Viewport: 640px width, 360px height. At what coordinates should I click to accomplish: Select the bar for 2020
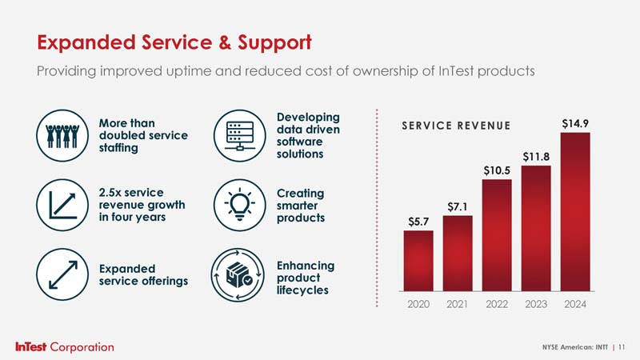(x=418, y=261)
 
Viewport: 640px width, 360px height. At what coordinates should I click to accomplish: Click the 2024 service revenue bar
(x=575, y=212)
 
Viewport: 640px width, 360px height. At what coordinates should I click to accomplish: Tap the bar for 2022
(x=497, y=235)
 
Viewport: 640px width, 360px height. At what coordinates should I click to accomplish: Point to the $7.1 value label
(x=458, y=207)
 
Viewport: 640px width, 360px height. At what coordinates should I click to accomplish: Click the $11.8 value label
(x=536, y=157)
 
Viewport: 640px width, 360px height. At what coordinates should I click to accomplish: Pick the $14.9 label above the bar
(x=575, y=123)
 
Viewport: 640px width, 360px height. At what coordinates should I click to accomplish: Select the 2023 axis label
(x=536, y=304)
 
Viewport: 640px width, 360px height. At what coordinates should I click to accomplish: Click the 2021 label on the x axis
(x=457, y=304)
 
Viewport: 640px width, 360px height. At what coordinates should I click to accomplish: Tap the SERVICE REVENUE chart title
(x=456, y=126)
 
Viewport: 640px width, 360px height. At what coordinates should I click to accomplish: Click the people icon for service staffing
(x=62, y=135)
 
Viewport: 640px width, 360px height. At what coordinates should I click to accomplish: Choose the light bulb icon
(x=239, y=205)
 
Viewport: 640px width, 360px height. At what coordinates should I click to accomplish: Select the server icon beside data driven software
(x=239, y=135)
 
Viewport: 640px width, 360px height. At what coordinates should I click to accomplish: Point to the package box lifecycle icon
(x=238, y=275)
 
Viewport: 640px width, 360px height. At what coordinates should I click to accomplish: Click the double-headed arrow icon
(x=62, y=274)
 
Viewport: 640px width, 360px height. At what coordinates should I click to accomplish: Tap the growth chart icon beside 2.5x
(x=62, y=205)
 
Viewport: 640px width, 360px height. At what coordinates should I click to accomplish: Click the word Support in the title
(x=274, y=43)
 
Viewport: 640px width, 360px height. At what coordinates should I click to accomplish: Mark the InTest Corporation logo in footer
(x=65, y=347)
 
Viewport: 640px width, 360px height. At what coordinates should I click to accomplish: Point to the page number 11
(x=622, y=347)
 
